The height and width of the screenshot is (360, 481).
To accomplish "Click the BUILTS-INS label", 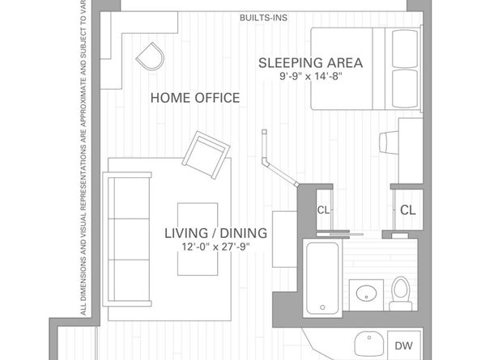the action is (x=263, y=18).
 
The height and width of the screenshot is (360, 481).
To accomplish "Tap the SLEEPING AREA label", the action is (x=310, y=63).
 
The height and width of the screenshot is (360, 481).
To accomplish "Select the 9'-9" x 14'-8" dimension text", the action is (x=310, y=76).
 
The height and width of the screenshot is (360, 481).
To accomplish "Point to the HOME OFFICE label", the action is (x=195, y=98).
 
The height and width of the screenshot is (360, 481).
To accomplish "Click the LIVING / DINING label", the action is (x=216, y=233).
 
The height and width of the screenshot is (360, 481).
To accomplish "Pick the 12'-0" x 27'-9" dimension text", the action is (x=216, y=246).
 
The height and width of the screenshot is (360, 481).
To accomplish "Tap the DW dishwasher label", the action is (x=404, y=346).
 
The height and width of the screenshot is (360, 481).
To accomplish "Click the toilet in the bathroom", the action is (x=401, y=294).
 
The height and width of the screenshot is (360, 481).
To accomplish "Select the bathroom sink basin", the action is (x=366, y=293).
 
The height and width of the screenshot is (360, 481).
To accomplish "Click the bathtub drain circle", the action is (x=322, y=307).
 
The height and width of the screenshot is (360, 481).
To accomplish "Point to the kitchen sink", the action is (x=369, y=344).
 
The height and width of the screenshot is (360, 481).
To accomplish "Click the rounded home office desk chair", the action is (x=151, y=57).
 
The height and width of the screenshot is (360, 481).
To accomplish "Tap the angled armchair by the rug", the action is (x=206, y=155).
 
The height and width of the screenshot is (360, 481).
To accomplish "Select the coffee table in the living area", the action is (x=198, y=239).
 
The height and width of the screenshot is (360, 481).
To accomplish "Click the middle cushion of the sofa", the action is (x=132, y=239).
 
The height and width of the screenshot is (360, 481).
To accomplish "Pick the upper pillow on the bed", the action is (x=405, y=48).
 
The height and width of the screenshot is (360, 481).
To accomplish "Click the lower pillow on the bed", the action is (x=405, y=88).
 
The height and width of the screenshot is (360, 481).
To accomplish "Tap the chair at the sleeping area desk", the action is (x=389, y=142).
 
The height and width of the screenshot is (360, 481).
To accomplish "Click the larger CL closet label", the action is (x=407, y=210).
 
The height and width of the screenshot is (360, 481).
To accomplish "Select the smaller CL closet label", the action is (x=323, y=210).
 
